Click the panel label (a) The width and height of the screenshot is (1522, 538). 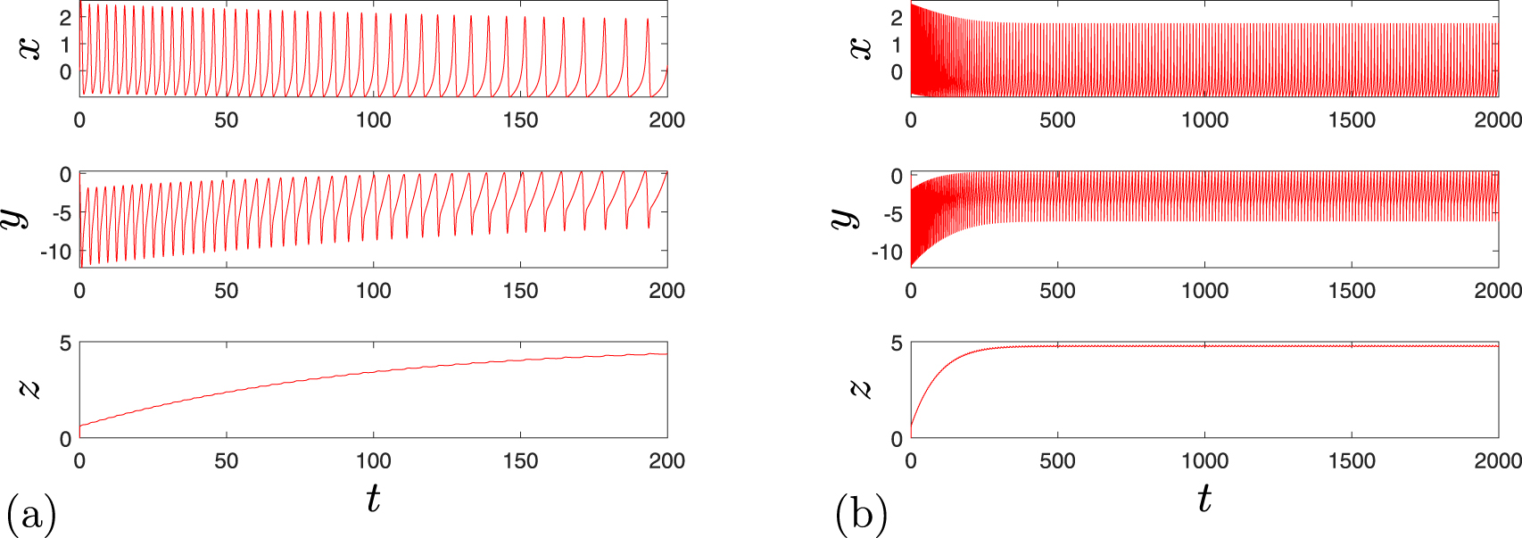pyautogui.click(x=31, y=516)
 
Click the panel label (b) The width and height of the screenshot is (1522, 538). pyautogui.click(x=861, y=516)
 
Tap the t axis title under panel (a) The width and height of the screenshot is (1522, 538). pyautogui.click(x=373, y=498)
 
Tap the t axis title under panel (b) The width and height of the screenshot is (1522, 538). pyautogui.click(x=1204, y=498)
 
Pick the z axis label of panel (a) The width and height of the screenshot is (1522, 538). pyautogui.click(x=30, y=388)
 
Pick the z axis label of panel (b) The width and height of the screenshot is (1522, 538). pyautogui.click(x=861, y=388)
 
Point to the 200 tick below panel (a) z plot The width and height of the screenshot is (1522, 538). pyautogui.click(x=666, y=461)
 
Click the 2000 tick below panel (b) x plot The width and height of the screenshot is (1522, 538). pyautogui.click(x=1497, y=120)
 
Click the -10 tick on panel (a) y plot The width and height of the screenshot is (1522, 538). pyautogui.click(x=55, y=252)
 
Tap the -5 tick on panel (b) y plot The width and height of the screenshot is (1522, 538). pyautogui.click(x=890, y=214)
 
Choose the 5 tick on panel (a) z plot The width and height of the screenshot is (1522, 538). pyautogui.click(x=65, y=343)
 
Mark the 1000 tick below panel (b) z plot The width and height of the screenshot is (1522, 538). pyautogui.click(x=1204, y=461)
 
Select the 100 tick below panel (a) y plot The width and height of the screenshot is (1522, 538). pyautogui.click(x=373, y=291)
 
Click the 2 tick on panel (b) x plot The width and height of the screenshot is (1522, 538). pyautogui.click(x=897, y=18)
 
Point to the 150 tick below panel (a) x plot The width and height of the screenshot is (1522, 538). pyautogui.click(x=520, y=120)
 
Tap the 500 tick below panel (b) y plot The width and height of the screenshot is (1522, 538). pyautogui.click(x=1057, y=291)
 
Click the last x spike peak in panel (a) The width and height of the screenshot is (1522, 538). pyautogui.click(x=648, y=19)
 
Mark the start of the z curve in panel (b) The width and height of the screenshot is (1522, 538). pyautogui.click(x=911, y=426)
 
